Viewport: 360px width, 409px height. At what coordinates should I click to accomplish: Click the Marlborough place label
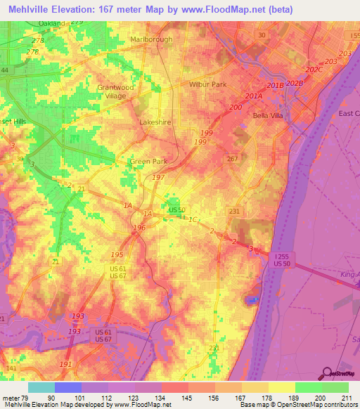[151, 39]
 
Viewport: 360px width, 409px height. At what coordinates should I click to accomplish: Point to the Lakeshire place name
[155, 122]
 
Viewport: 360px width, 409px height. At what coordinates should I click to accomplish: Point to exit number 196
[139, 228]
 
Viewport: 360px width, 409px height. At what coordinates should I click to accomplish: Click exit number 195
[117, 254]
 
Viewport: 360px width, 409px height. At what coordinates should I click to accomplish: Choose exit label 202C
[314, 70]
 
